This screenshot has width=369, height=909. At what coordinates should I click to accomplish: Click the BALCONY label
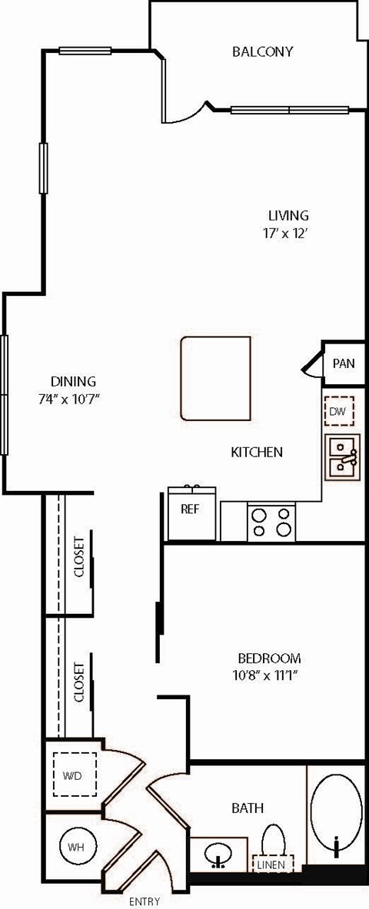(263, 52)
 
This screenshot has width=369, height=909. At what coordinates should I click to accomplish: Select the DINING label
(73, 381)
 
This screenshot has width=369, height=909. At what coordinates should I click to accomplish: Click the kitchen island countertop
(216, 378)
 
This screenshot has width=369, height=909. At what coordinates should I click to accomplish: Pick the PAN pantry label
(344, 363)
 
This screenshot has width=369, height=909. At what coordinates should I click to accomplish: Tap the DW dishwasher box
(338, 412)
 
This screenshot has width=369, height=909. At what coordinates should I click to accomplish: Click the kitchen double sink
(341, 456)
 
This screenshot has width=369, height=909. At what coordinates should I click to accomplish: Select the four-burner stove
(271, 521)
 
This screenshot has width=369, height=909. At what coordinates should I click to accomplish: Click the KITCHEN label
(257, 453)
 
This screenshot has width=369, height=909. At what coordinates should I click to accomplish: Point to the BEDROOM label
(268, 659)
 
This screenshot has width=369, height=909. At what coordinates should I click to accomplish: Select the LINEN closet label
(271, 864)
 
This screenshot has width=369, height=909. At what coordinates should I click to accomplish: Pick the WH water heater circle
(74, 848)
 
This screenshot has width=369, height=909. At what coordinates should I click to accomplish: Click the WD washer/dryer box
(74, 775)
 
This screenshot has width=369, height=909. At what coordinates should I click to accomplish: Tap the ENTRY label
(144, 901)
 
